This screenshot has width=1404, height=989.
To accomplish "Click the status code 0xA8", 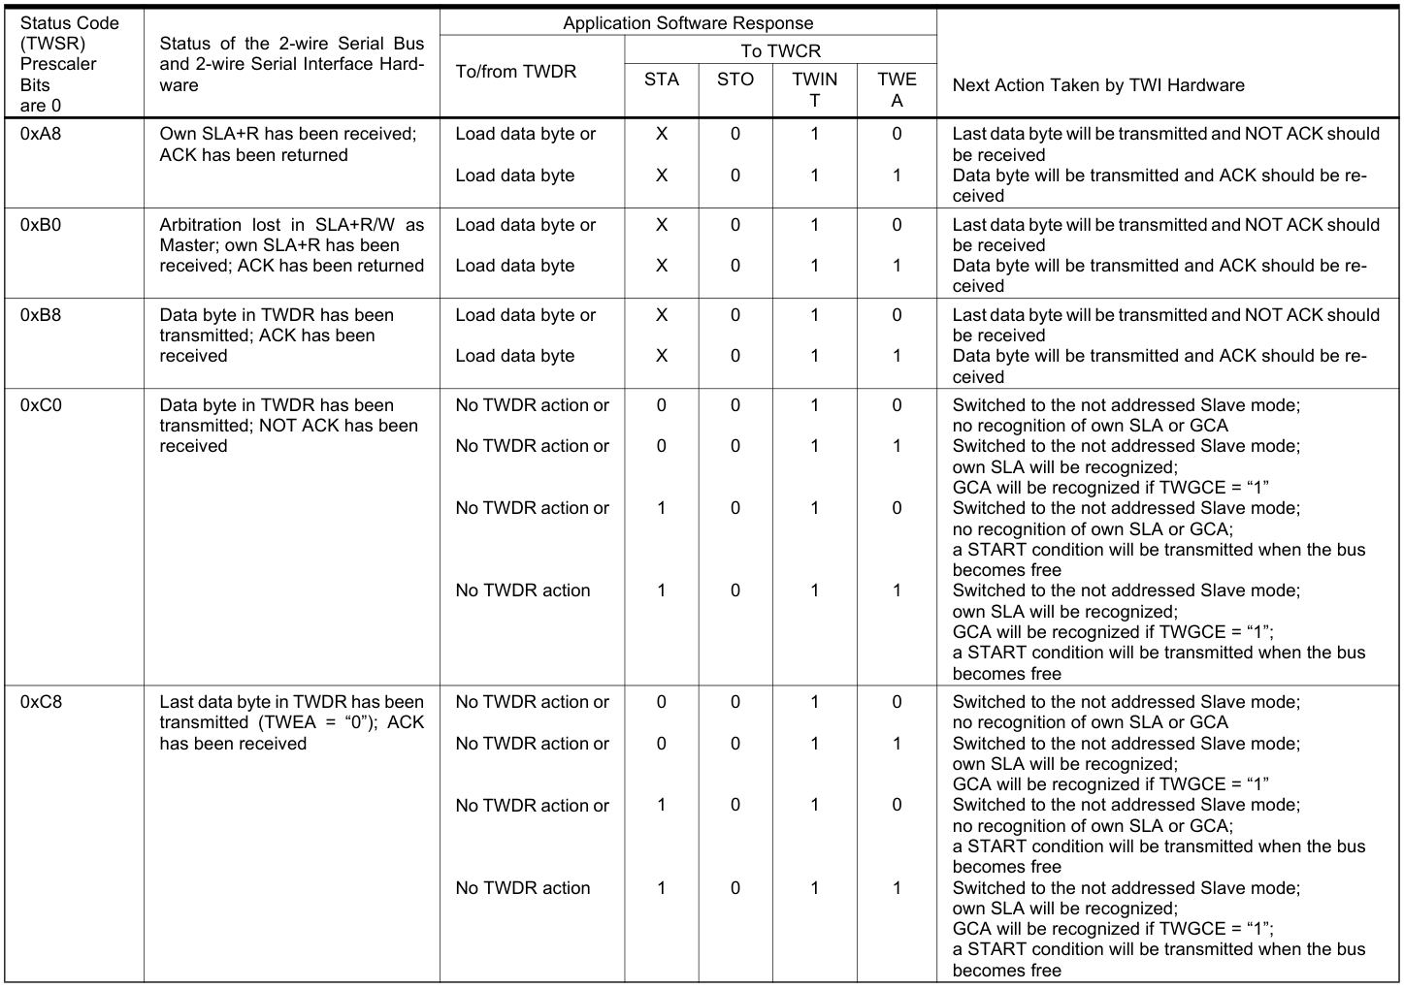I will (x=40, y=134).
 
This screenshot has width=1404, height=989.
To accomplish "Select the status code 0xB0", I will (x=40, y=224).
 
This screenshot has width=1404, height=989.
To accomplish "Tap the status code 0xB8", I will (x=40, y=315).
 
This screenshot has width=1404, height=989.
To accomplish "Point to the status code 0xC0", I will (x=40, y=405).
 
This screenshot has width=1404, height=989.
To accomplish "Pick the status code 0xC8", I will (x=40, y=702).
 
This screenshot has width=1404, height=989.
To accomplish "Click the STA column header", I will (x=661, y=80).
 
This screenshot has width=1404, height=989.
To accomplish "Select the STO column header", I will (x=735, y=80).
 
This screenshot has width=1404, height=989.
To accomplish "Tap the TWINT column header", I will (x=814, y=89).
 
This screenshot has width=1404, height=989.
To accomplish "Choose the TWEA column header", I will (x=897, y=89).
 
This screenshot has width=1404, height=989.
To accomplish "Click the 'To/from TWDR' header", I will (x=515, y=72).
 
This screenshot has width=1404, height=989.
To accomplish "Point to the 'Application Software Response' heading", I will (x=688, y=23).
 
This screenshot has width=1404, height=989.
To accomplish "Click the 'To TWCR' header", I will (x=780, y=51).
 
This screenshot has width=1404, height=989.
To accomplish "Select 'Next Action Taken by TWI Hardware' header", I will (x=1097, y=85).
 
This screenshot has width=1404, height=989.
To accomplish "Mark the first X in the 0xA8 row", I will (x=661, y=134).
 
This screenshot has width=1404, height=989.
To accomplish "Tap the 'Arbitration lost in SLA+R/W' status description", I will (x=291, y=245).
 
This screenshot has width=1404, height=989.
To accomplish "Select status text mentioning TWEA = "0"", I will (x=291, y=722).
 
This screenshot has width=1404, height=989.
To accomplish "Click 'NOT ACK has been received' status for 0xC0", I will (x=288, y=426).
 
